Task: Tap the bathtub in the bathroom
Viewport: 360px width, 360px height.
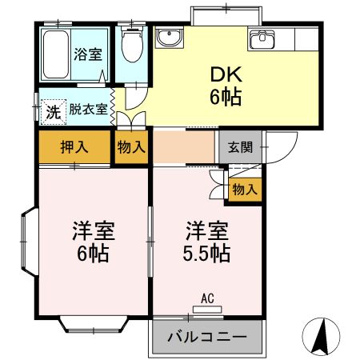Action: (54, 54)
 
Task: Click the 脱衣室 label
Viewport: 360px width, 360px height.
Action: (88, 110)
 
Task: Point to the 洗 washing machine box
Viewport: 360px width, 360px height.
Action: (52, 111)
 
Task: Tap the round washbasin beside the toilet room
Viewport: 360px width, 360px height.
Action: (169, 38)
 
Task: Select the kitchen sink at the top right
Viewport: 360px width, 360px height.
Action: (262, 38)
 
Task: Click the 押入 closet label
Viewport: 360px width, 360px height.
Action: (74, 146)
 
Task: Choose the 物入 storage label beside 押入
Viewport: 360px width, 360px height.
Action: (131, 147)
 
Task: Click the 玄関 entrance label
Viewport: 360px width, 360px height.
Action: (239, 146)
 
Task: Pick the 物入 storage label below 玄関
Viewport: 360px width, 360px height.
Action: (244, 190)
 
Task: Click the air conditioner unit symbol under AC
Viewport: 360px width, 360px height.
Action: (208, 310)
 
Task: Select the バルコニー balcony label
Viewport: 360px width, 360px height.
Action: (207, 337)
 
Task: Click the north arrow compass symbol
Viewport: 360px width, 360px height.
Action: (321, 337)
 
